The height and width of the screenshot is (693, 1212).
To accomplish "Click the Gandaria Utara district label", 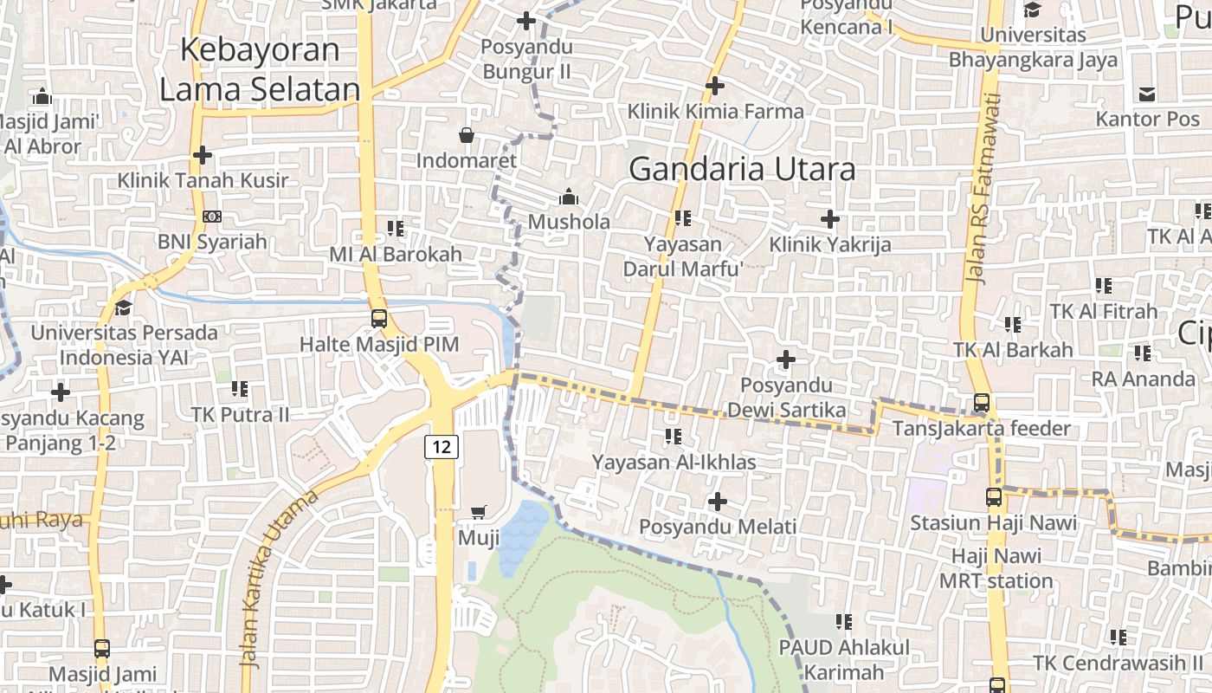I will (742, 169).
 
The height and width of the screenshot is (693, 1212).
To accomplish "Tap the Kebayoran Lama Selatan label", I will (260, 69).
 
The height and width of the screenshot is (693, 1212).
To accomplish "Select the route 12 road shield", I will (442, 447).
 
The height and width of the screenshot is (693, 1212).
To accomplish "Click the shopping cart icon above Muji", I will (479, 513).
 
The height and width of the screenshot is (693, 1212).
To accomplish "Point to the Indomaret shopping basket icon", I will (467, 135).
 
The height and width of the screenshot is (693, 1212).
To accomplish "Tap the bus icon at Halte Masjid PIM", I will (379, 318).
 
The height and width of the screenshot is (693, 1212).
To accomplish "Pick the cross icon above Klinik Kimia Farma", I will (715, 86).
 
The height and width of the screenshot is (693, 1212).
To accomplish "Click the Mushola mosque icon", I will (569, 197).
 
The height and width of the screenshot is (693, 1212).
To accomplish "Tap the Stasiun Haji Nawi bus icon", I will (994, 497).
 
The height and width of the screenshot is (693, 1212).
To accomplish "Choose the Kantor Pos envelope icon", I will (1147, 94).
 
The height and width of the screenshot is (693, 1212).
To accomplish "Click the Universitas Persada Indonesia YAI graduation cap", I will (124, 308).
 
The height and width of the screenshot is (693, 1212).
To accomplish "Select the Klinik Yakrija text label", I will (829, 245).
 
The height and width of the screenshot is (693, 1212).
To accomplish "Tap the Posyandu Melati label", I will (718, 527).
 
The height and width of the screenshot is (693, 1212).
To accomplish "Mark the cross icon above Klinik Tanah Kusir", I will (203, 155).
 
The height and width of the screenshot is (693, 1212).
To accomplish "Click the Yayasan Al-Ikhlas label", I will (674, 463).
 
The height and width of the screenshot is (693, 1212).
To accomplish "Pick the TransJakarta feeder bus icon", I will (982, 403).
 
